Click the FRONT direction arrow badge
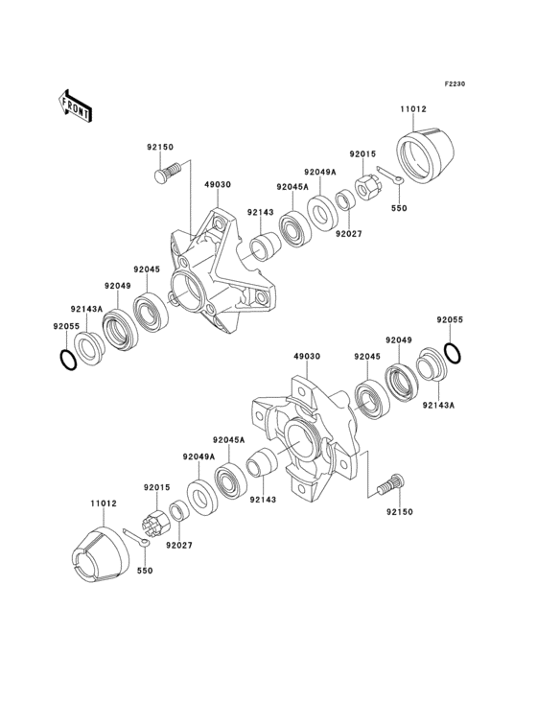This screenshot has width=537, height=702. tap(77, 105)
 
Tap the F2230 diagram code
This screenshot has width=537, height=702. tap(454, 84)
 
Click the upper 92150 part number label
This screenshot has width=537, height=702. tap(159, 147)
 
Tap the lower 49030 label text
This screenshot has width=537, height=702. tap(306, 355)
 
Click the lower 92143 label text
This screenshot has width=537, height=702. tap(262, 499)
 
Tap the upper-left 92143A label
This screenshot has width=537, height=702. tap(86, 309)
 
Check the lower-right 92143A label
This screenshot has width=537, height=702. tap(439, 406)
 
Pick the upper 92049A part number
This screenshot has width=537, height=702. tap(320, 173)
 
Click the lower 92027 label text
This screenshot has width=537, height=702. tap(178, 546)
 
